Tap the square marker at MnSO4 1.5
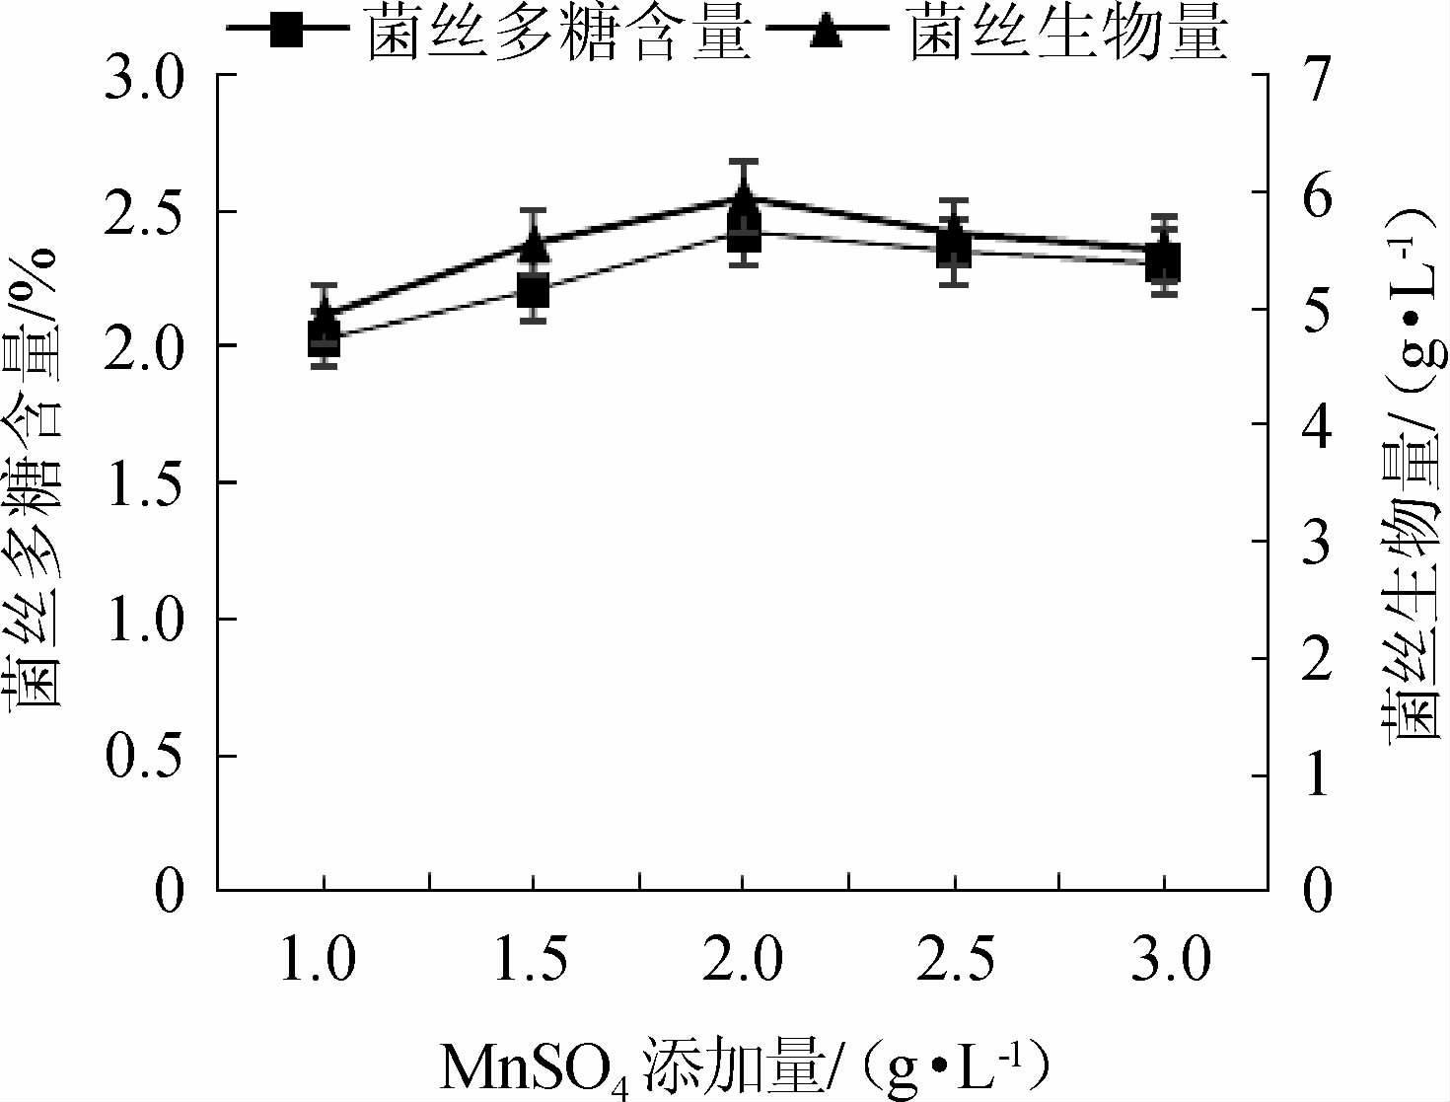point(533,291)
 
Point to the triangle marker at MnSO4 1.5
point(533,242)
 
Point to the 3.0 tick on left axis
point(144,77)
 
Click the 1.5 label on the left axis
point(144,483)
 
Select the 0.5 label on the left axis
point(144,757)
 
